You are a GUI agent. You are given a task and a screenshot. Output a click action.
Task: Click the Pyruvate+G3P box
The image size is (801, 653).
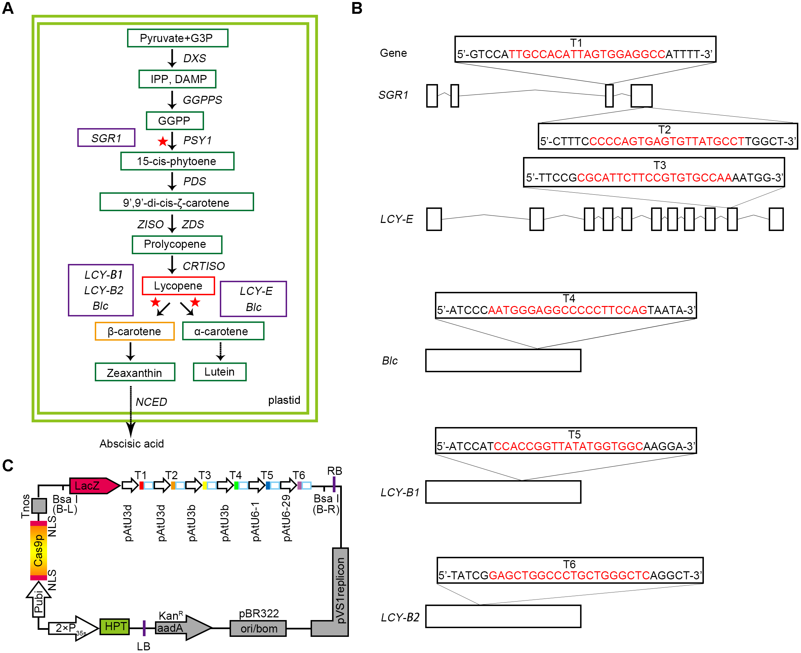177,38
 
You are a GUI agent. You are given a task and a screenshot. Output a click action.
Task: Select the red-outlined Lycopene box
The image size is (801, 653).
178,286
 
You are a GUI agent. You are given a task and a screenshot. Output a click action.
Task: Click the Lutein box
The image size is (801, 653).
219,372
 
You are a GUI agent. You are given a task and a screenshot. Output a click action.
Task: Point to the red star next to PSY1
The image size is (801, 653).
162,142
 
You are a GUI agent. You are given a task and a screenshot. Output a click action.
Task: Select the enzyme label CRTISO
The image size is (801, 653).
203,266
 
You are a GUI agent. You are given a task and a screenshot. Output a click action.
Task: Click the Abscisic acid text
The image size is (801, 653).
132,444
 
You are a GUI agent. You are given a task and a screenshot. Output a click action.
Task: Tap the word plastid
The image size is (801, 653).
284,400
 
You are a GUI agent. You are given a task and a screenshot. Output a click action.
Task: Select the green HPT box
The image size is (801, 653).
115,627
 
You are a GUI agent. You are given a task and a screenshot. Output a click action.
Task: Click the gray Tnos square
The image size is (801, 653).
39,505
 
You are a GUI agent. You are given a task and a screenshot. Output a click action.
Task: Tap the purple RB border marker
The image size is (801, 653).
334,484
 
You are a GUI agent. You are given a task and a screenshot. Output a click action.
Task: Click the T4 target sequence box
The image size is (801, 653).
566,305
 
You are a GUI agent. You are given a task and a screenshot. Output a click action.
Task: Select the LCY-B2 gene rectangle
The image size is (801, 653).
503,616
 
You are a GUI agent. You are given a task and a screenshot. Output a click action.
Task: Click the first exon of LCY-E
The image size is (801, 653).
434,219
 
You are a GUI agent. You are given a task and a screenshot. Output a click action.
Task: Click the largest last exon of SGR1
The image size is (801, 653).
641,95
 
